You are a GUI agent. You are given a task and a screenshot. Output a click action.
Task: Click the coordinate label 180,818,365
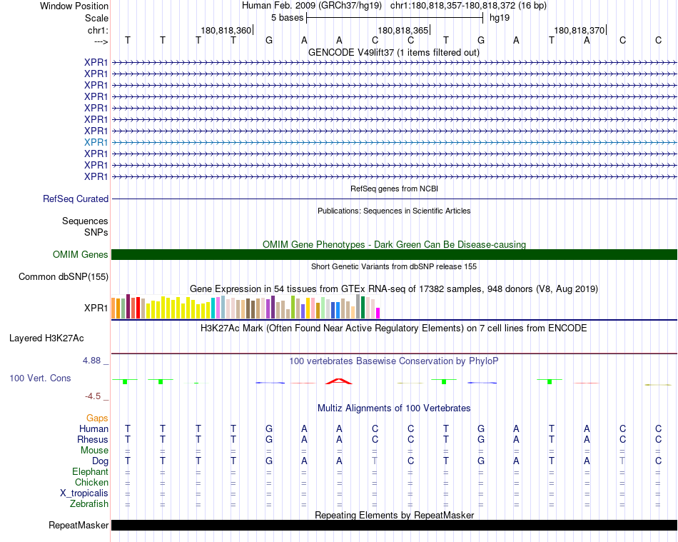pos(403,31)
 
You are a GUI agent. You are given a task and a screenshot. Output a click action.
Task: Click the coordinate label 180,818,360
pos(226,31)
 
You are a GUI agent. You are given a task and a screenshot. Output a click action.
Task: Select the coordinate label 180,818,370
pos(579,31)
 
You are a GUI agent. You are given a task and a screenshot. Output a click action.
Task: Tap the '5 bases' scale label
pos(287,17)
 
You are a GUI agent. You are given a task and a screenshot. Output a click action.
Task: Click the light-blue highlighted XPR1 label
pos(96,142)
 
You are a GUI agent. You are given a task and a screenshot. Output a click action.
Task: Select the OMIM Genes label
pos(81,255)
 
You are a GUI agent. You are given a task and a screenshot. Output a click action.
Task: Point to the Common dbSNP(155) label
pos(64,277)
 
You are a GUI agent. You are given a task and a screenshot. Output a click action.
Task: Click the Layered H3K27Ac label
pos(46,338)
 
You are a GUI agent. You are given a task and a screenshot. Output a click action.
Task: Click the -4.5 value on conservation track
pos(93,396)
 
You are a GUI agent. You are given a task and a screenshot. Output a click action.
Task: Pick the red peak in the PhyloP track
pos(339,380)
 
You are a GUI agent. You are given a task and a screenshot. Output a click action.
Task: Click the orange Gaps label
pos(97,418)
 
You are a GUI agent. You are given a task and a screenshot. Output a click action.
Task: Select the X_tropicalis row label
pos(84,493)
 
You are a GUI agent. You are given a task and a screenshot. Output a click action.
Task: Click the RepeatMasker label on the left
pos(79,526)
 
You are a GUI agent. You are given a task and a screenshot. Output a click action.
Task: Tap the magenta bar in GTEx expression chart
pos(378,313)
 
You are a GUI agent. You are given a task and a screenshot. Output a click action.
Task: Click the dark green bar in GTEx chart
pos(363,308)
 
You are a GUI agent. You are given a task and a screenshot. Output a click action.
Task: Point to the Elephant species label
pos(90,472)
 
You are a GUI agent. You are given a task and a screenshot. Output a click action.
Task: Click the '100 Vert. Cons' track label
pos(40,378)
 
